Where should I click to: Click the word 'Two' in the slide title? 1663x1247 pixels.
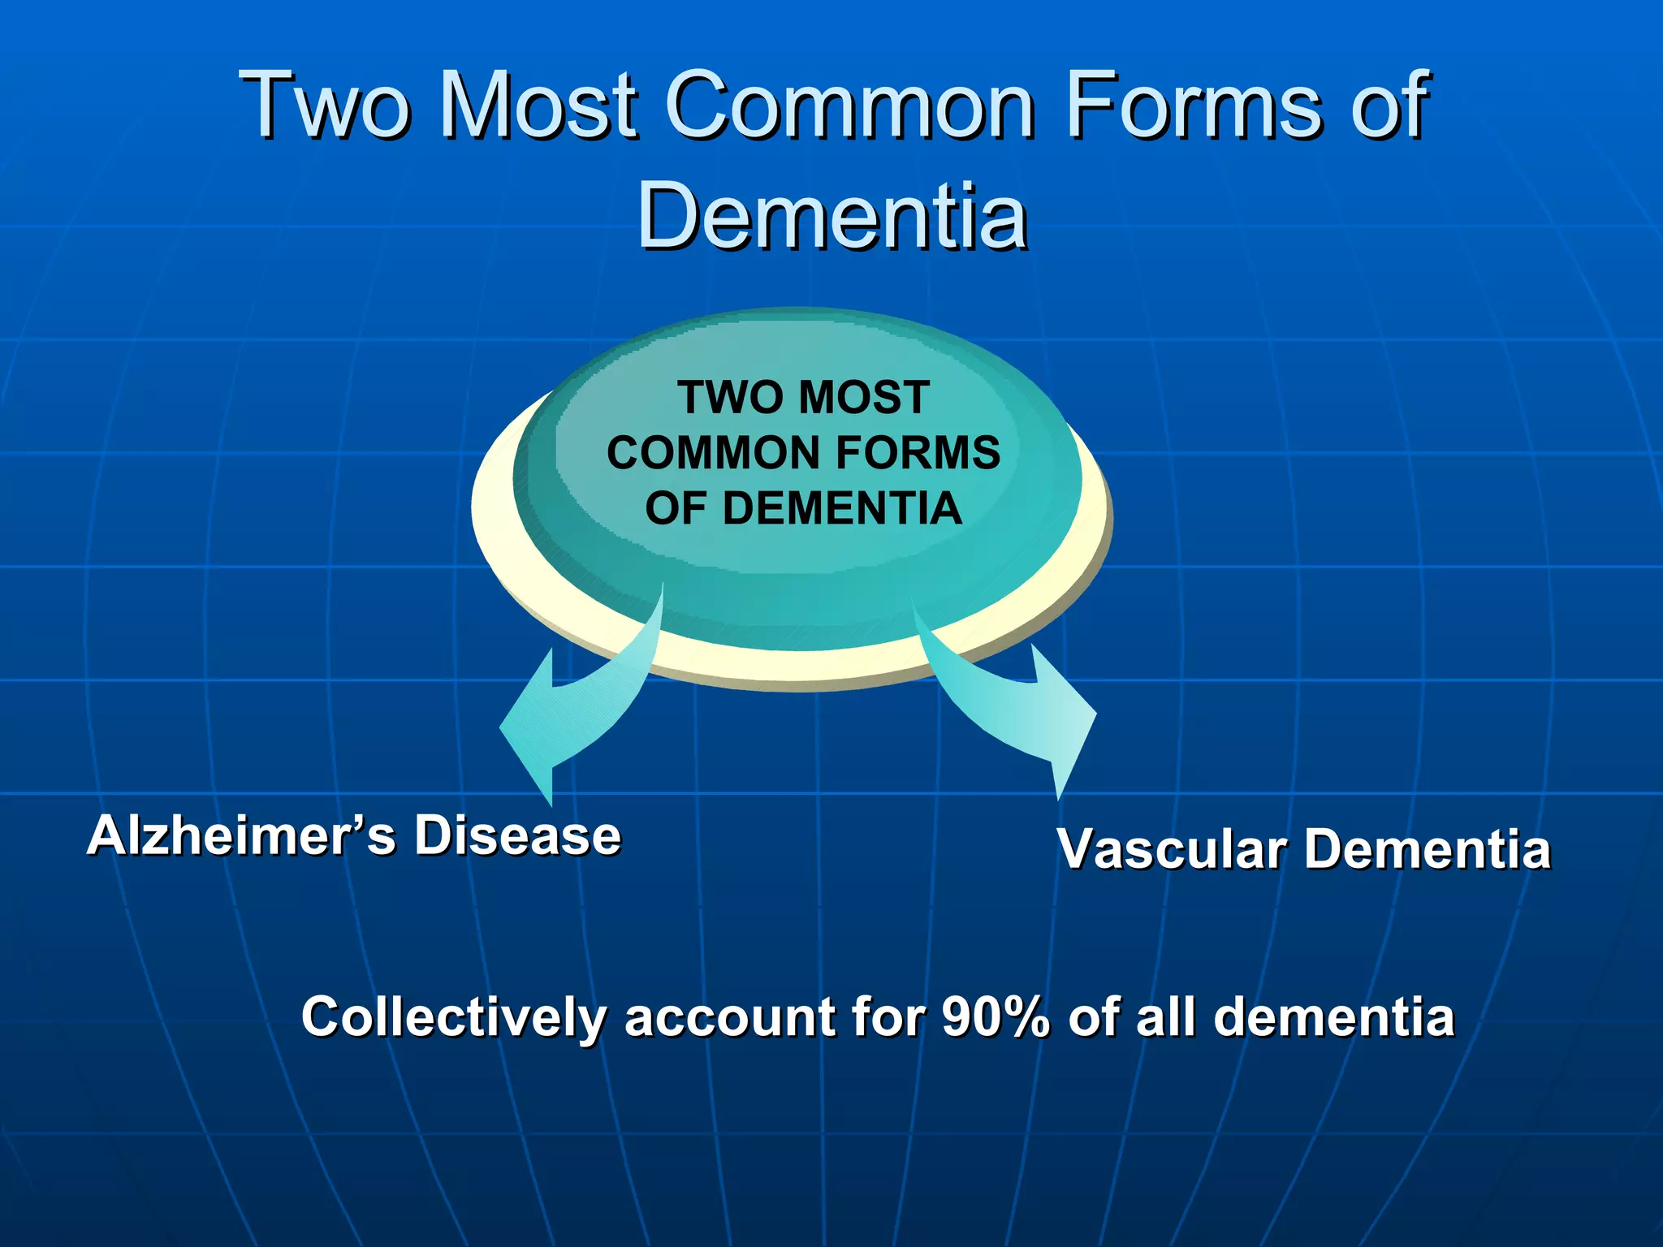click(x=325, y=106)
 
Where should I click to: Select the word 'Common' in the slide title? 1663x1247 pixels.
click(x=849, y=106)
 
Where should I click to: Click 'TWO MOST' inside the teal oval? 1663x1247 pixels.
click(x=803, y=398)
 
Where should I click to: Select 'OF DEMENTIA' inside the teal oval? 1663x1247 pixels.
click(x=803, y=509)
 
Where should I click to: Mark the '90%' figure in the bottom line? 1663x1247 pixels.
click(x=996, y=1016)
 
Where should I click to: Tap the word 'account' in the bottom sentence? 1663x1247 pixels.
click(x=730, y=1018)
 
